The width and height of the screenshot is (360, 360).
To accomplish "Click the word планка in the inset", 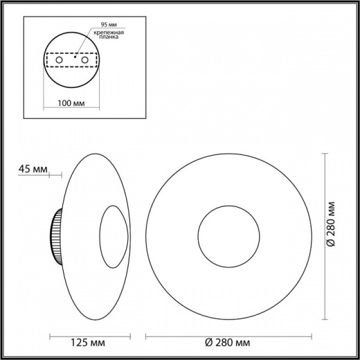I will click(109, 39).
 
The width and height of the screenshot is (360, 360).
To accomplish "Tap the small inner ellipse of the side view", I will click(112, 237).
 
